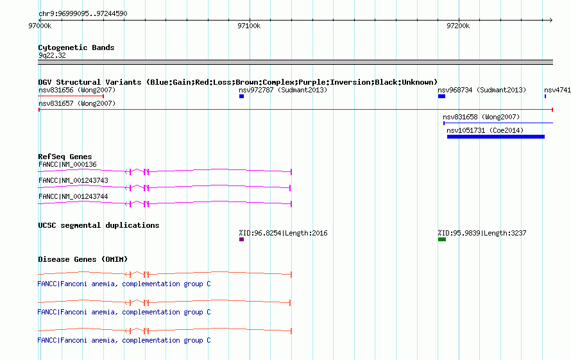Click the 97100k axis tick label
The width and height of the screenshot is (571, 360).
click(249, 26)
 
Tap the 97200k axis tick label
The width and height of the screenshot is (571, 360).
click(458, 26)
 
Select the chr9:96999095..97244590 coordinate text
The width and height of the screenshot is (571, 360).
click(83, 13)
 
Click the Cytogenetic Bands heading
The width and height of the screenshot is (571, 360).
click(76, 47)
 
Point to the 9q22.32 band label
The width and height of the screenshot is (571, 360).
click(52, 55)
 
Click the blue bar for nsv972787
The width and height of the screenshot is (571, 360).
click(241, 96)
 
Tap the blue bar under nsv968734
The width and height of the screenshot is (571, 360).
click(442, 96)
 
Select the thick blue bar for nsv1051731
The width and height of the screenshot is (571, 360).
click(496, 137)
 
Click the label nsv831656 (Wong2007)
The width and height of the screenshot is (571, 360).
click(77, 90)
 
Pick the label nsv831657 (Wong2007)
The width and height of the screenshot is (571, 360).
click(77, 103)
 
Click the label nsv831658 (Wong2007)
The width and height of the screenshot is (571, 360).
click(481, 117)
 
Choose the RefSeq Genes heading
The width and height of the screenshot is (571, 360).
click(65, 157)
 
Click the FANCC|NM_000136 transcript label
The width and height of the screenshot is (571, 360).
click(68, 164)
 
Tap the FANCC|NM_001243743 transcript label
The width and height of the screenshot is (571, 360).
click(73, 180)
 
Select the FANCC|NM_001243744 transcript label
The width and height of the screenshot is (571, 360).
click(73, 196)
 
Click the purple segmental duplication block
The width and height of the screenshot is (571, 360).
click(241, 239)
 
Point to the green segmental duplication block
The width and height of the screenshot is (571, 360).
click(442, 239)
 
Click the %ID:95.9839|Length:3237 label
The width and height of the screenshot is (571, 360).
click(482, 233)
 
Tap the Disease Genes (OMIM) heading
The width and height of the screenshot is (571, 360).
click(83, 259)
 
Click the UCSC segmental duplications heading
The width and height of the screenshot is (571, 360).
click(99, 225)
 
